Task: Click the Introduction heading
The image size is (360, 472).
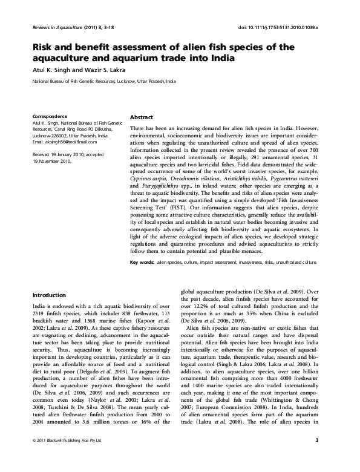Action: tap(50, 295)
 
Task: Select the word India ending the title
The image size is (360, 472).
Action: tap(220, 58)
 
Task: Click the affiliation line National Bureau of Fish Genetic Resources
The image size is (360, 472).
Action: tap(104, 80)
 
